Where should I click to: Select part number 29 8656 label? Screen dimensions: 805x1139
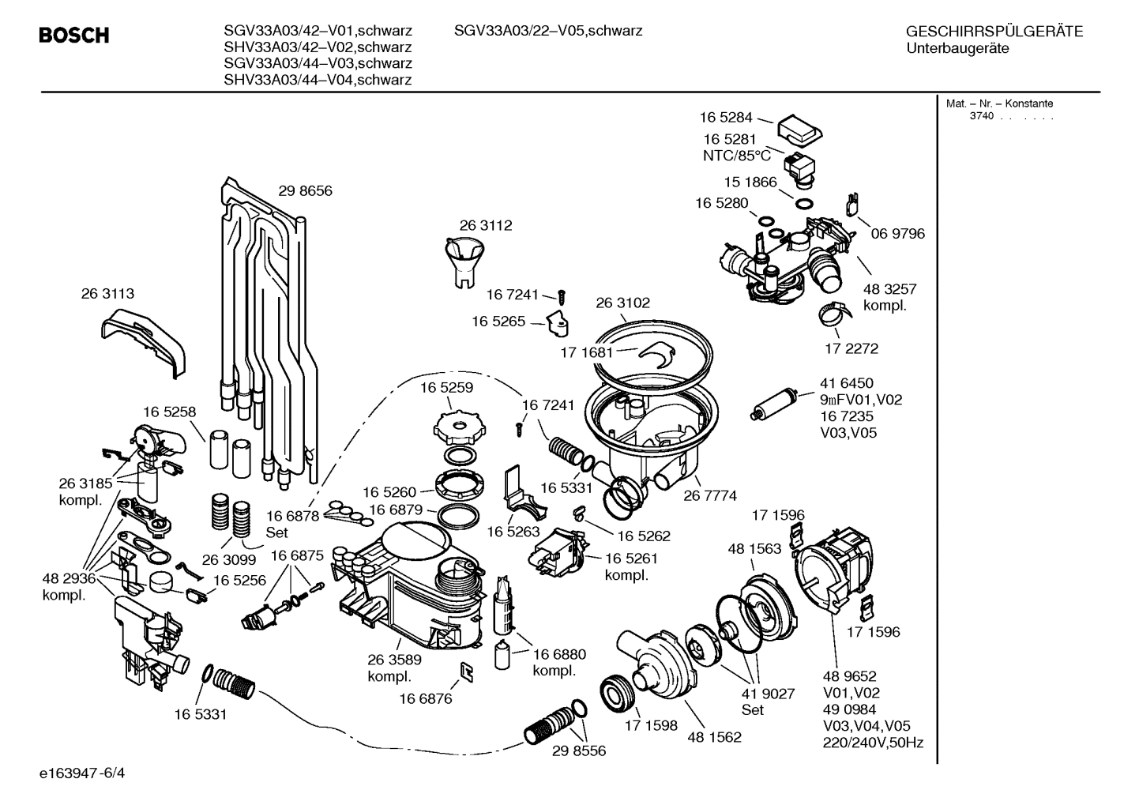pos(305,190)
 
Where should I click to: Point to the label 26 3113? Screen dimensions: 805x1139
pos(107,293)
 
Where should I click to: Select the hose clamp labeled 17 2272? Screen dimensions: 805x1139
pos(834,316)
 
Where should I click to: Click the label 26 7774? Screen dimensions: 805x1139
pos(710,495)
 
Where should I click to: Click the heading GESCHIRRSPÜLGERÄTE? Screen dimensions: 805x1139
pos(994,32)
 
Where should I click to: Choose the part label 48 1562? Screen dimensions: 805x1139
pos(714,738)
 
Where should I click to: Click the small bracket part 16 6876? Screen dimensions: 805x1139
pos(466,671)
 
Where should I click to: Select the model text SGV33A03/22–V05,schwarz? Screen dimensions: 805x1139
pos(547,31)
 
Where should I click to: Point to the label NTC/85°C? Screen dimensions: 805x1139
pos(736,156)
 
